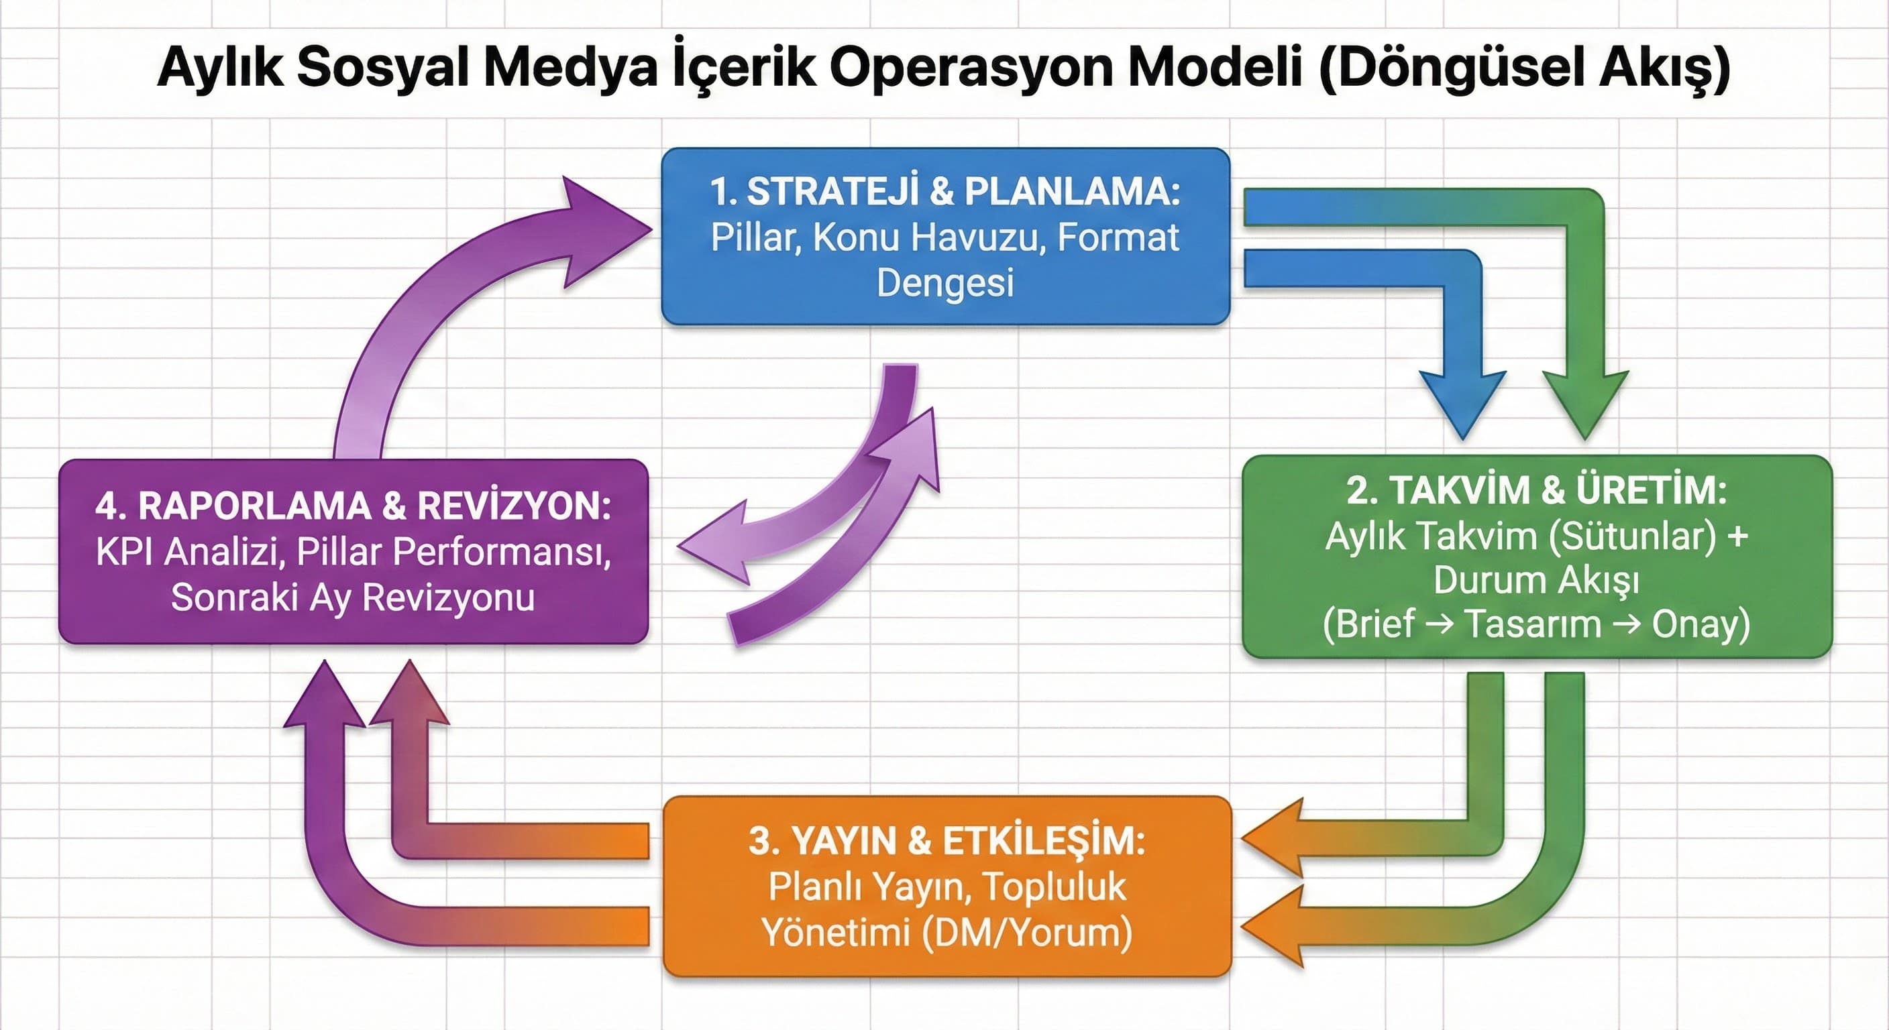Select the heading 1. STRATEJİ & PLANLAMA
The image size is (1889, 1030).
[944, 191]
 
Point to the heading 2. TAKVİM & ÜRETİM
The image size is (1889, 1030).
[1537, 490]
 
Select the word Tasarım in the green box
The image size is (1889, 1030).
[1532, 624]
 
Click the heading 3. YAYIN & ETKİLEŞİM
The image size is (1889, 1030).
[946, 841]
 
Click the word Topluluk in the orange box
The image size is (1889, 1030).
[1054, 887]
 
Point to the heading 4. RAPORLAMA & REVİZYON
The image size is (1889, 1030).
[353, 506]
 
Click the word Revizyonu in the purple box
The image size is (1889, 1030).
[448, 597]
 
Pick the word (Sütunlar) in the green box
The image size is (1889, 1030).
[1632, 536]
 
